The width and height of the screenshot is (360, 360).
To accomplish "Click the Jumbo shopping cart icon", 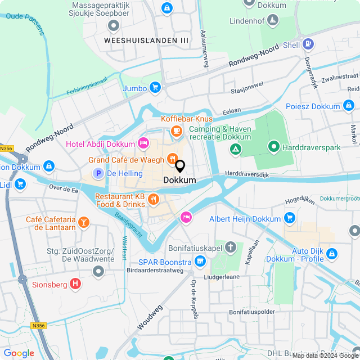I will (155, 88).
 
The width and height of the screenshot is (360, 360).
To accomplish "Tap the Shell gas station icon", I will (308, 44).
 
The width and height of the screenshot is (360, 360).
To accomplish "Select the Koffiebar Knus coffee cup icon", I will (176, 130).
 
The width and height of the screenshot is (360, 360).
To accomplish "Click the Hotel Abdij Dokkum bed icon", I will (143, 143).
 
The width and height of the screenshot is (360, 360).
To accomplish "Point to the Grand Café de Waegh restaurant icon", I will (172, 159).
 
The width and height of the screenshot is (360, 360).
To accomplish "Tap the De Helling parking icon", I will (98, 174).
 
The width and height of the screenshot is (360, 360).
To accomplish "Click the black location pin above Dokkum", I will (180, 166).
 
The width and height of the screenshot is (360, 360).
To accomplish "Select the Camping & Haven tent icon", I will (236, 149).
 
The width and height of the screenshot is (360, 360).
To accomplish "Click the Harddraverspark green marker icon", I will (274, 147).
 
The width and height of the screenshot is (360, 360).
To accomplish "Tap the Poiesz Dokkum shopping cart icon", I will (349, 106).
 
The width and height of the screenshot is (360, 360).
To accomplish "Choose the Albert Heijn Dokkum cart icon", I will (290, 218).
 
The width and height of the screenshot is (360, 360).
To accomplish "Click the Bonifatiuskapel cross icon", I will (231, 247).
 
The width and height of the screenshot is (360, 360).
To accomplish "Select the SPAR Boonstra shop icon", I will (200, 261).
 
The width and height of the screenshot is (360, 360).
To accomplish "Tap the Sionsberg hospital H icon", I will (75, 284).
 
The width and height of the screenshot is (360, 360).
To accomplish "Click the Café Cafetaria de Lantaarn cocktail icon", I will (84, 222).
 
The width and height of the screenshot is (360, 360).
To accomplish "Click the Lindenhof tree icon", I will (272, 21).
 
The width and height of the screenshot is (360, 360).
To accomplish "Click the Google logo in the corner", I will (19, 353).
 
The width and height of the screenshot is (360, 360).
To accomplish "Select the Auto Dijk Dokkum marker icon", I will (332, 254).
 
